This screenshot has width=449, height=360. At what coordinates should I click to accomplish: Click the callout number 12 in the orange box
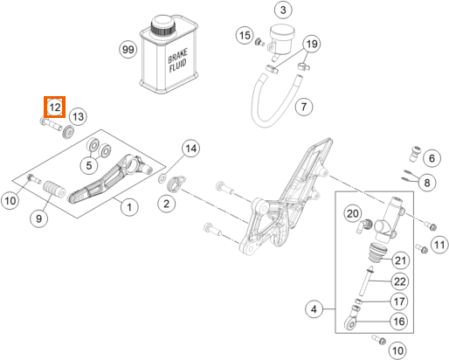coord(55,107)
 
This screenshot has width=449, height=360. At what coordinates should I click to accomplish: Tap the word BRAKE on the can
coord(177,56)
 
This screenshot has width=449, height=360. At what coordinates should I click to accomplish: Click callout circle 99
coord(128,49)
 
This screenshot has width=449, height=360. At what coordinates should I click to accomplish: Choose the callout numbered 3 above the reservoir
coord(283,10)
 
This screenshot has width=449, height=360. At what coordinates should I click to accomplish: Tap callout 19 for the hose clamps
coord(312,44)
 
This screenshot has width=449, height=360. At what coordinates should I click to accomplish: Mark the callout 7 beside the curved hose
coord(304,107)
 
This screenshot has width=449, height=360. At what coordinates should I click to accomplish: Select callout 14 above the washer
coord(191,149)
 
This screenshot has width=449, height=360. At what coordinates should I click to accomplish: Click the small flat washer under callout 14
coord(162,178)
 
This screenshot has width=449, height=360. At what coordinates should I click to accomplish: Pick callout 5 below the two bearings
coord(89,165)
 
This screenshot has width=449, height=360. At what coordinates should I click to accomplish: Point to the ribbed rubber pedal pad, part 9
coord(54,189)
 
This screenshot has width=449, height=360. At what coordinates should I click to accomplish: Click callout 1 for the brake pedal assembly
coord(129,207)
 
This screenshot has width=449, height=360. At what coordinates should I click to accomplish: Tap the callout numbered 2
coord(166,204)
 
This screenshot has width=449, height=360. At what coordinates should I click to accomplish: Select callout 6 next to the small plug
coord(432,158)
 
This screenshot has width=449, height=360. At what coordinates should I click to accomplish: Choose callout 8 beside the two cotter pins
coord(427,183)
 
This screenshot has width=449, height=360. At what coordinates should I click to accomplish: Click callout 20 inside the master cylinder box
coord(352,213)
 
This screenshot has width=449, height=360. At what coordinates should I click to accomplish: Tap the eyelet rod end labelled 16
coord(350,320)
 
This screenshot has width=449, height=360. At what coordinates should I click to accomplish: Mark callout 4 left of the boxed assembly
coord(314,309)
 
